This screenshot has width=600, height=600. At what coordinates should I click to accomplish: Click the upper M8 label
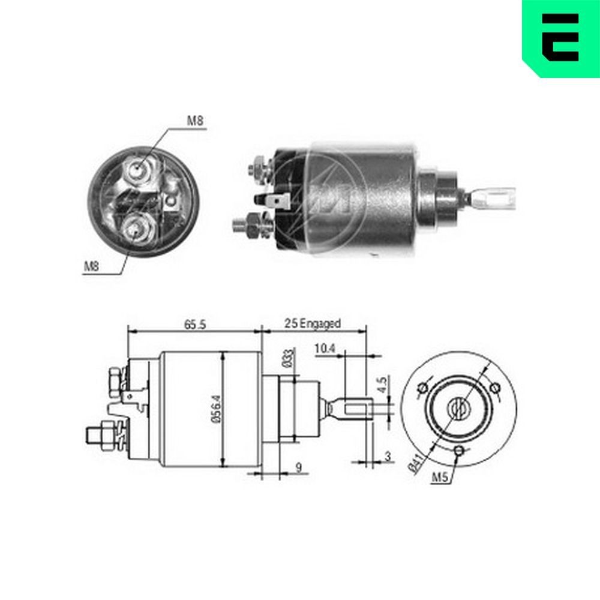click(x=195, y=121)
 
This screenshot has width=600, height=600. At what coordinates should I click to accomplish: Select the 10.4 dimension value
click(x=323, y=348)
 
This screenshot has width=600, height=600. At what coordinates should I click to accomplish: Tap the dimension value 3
click(x=388, y=457)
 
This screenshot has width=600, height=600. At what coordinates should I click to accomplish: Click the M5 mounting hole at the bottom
click(x=459, y=451)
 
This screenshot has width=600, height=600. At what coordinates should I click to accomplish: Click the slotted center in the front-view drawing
click(x=459, y=410)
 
